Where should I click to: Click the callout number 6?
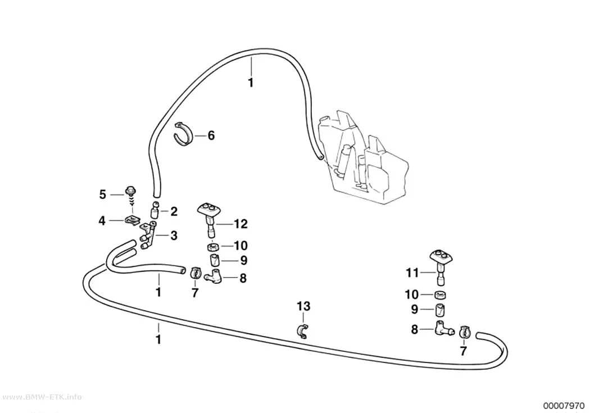(211, 135)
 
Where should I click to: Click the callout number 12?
(241, 224)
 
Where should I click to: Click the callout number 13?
(303, 306)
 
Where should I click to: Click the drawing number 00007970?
(564, 406)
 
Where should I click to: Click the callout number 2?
(174, 211)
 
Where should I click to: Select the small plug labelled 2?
(155, 210)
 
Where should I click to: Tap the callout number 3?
(174, 236)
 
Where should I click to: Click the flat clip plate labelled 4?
(131, 220)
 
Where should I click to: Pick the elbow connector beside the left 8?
(214, 275)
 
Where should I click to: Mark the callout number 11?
(412, 273)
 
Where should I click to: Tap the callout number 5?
(103, 194)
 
